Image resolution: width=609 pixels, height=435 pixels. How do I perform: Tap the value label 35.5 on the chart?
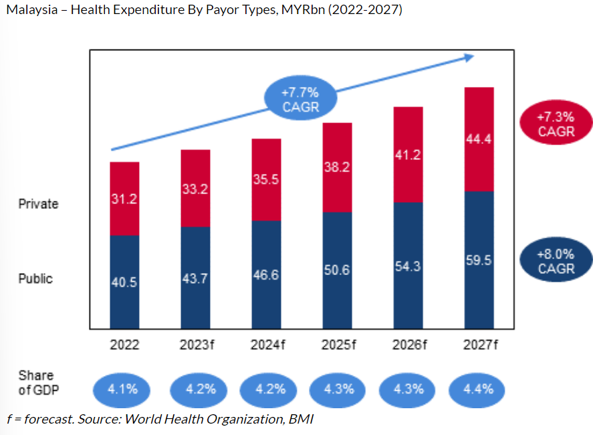click(x=266, y=179)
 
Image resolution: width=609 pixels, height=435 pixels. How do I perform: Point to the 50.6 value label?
click(x=337, y=270)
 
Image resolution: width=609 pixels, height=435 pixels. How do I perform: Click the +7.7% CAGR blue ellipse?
click(x=300, y=99)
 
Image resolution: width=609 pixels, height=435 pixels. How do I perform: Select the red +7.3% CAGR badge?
click(x=556, y=124)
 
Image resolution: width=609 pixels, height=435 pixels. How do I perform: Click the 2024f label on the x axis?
click(x=266, y=346)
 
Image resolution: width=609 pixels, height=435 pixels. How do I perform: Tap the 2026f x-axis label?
click(x=408, y=346)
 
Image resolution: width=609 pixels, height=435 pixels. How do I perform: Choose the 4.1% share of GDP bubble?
click(x=124, y=389)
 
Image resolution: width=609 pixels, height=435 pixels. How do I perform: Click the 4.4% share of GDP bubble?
click(x=479, y=389)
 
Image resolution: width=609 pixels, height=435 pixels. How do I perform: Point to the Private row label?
click(x=38, y=204)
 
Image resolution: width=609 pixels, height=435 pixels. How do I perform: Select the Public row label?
click(x=35, y=278)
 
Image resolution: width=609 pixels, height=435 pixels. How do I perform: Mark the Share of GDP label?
click(x=36, y=382)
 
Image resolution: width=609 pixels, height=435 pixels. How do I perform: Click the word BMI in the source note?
click(x=300, y=420)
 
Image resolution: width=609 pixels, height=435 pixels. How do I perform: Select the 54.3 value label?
click(x=408, y=266)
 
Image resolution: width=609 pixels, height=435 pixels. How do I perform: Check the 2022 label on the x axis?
click(x=124, y=346)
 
